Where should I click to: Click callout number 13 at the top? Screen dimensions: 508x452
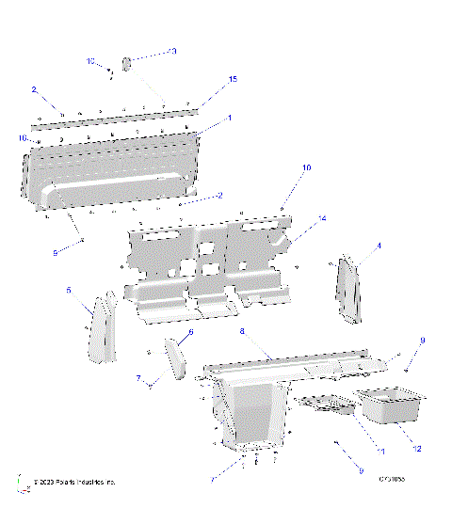tap(172, 51)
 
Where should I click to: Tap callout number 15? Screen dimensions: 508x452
tap(233, 81)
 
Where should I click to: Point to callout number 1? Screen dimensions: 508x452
tap(229, 119)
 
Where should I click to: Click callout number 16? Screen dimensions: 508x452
tap(22, 138)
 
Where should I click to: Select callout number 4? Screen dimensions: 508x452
tap(379, 246)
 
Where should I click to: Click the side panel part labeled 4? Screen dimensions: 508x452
tap(348, 287)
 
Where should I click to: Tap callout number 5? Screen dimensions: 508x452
tap(68, 292)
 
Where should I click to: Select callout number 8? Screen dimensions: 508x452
tap(242, 332)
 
